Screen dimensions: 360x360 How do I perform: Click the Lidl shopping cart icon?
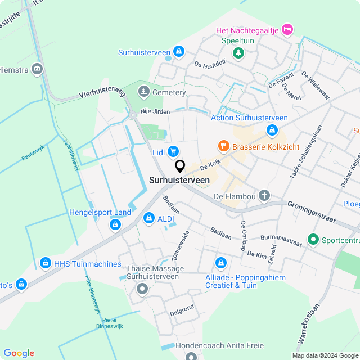pyautogui.click(x=173, y=151)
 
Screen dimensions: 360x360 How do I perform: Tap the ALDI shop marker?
pyautogui.click(x=149, y=218)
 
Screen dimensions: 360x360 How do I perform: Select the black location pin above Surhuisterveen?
pyautogui.click(x=180, y=166)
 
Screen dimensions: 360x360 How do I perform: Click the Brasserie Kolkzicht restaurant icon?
pyautogui.click(x=223, y=146)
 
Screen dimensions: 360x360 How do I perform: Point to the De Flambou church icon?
pyautogui.click(x=264, y=196)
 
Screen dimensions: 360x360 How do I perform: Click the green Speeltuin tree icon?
pyautogui.click(x=239, y=53)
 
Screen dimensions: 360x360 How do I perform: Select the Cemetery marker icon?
pyautogui.click(x=144, y=92)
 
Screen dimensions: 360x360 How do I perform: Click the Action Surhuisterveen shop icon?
pyautogui.click(x=272, y=130)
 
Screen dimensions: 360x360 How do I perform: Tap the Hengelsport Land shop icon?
pyautogui.click(x=115, y=225)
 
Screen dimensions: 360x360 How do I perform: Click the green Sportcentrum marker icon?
pyautogui.click(x=313, y=240)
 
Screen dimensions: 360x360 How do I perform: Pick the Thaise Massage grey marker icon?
pyautogui.click(x=142, y=290)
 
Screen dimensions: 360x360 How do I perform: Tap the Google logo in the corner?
pyautogui.click(x=19, y=353)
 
